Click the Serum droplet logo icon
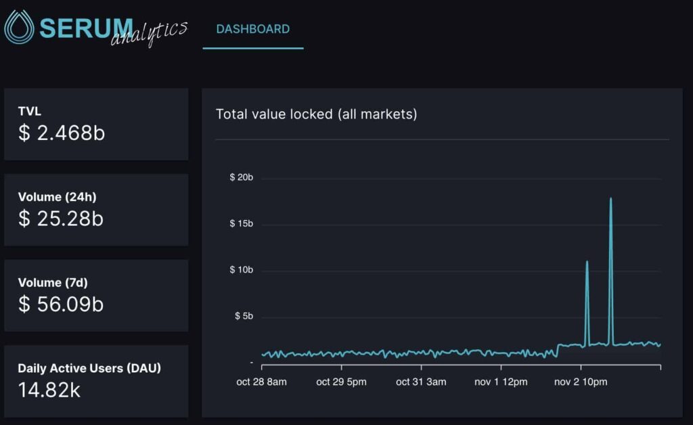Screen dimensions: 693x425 pos(19,26)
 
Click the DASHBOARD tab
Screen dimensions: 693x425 pos(253,29)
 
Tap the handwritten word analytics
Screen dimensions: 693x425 pos(149,32)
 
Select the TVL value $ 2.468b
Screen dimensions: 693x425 pos(62,133)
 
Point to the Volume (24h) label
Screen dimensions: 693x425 pos(57,197)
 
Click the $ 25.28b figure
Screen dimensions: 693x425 pos(60,219)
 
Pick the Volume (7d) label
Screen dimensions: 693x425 pos(53,283)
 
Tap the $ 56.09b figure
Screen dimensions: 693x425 pos(60,305)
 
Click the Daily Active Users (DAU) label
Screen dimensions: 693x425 pos(89,368)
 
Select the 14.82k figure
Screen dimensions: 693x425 pos(49,390)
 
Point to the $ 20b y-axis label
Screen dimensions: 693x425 pos(242,177)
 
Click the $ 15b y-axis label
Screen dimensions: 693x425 pos(242,223)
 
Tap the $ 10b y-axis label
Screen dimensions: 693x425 pos(242,270)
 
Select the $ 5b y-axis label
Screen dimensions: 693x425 pos(244,316)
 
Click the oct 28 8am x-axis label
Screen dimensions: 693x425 pos(262,382)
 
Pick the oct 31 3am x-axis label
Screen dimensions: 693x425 pos(421,382)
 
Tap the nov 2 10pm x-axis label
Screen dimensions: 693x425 pos(581,382)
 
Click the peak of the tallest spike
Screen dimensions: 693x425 pos(611,198)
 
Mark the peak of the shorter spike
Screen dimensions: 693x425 pos(587,261)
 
